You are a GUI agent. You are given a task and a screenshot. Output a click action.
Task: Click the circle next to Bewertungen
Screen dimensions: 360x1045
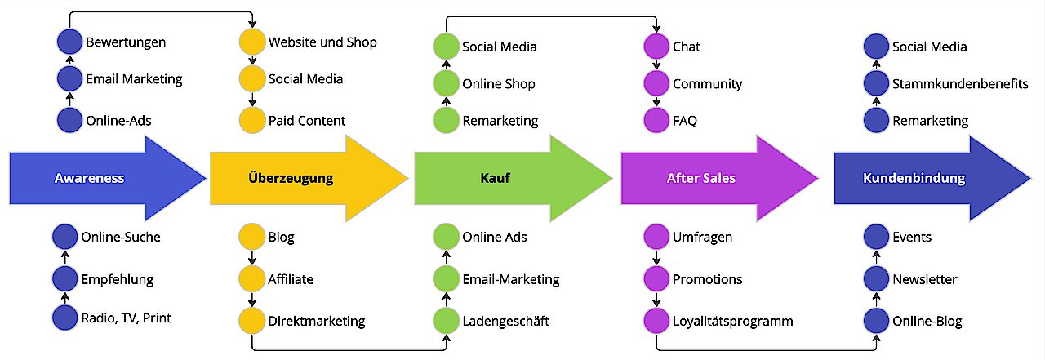point(69,42)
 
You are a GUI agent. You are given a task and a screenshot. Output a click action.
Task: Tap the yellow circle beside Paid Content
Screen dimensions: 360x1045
point(251,121)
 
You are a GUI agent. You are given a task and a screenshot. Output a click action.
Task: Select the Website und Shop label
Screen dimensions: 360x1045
point(322,42)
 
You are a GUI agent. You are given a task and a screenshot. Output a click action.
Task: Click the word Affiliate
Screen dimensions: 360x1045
point(291,279)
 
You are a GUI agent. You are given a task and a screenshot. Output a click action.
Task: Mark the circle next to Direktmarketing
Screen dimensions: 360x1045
point(251,321)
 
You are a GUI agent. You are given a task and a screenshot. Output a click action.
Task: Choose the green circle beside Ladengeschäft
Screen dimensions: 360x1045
point(446,321)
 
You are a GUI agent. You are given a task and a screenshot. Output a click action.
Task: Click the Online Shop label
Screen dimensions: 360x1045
point(498,84)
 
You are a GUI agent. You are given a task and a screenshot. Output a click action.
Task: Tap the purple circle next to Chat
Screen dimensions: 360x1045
point(656,47)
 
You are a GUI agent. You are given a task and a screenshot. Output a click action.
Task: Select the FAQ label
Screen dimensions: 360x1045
point(685,121)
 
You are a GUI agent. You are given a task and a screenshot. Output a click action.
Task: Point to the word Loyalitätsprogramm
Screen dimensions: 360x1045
point(732,321)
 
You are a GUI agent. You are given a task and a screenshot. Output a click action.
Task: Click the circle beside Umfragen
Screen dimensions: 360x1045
point(656,238)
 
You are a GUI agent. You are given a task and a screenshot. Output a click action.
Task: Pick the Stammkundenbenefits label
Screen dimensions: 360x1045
point(960,84)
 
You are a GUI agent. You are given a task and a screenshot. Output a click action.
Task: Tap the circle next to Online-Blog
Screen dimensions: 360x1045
point(876,321)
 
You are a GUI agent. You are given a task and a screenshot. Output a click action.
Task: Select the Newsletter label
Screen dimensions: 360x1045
point(924,279)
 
